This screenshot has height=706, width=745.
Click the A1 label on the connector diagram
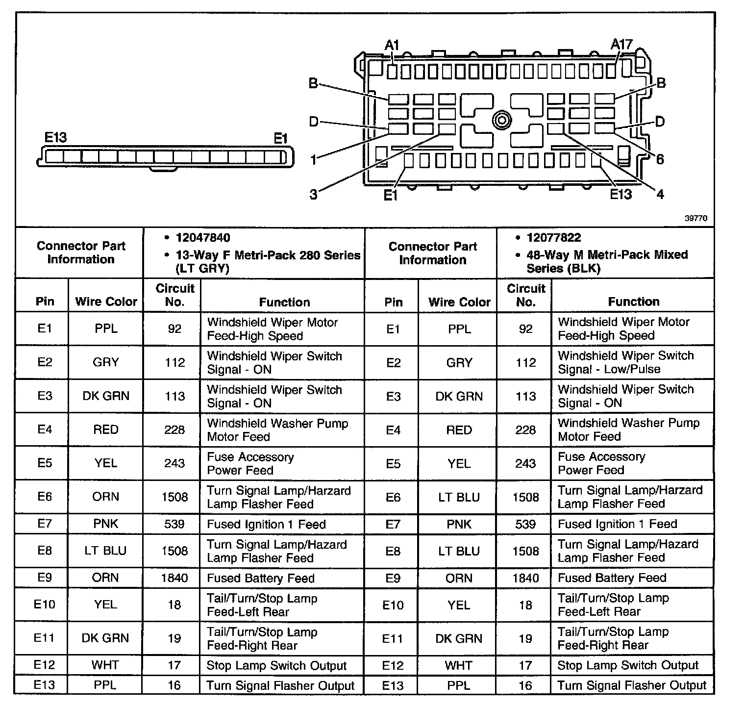tap(392, 46)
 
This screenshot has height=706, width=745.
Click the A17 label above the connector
tap(621, 44)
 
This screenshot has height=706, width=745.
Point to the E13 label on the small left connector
tap(55, 138)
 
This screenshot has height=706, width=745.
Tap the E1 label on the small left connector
tap(280, 139)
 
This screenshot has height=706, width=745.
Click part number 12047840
tap(202, 238)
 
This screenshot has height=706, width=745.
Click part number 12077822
tap(553, 238)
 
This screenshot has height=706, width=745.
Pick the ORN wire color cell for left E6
tap(105, 497)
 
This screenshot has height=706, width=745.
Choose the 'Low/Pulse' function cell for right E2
tap(632, 362)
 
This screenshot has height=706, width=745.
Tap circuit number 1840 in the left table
tap(174, 578)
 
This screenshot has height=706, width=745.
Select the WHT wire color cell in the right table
tap(459, 665)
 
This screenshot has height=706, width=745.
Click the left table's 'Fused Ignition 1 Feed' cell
tap(266, 524)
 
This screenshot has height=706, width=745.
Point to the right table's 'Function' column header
tap(633, 302)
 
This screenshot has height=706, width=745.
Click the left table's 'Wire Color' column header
tap(106, 302)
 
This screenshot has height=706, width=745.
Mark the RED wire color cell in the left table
tap(105, 429)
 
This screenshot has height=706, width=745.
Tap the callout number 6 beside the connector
tap(660, 159)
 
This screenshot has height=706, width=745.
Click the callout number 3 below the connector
tap(313, 195)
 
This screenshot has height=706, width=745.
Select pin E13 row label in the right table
tap(393, 685)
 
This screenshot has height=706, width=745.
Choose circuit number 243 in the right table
tap(525, 463)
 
